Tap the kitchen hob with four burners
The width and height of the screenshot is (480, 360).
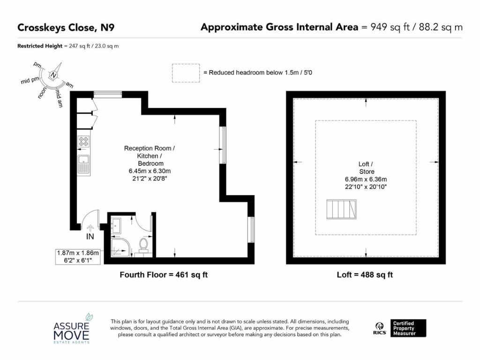84,141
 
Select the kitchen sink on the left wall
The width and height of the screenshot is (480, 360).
84,164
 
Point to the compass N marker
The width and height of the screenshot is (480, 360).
54,75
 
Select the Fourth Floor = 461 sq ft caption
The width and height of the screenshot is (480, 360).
164,275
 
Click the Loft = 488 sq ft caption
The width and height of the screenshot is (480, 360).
365,275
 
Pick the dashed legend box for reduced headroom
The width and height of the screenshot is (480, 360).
186,73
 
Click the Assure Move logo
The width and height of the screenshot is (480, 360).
73,329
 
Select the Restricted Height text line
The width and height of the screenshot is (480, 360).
68,46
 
